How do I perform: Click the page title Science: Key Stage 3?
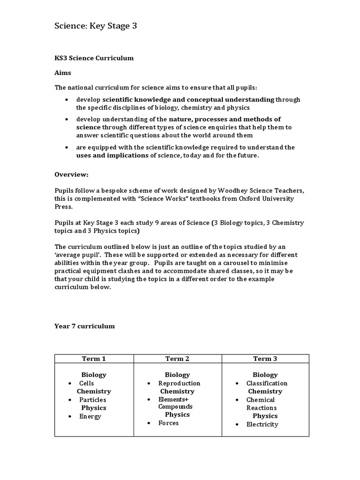click(96, 26)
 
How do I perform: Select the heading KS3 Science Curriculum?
click(94, 58)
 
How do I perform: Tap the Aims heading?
click(63, 73)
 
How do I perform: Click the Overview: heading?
click(71, 174)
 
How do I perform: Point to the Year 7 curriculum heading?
click(84, 326)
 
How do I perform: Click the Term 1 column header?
click(94, 359)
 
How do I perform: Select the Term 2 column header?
click(177, 359)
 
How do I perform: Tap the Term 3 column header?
click(265, 359)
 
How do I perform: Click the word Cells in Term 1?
click(87, 383)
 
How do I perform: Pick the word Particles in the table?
click(92, 400)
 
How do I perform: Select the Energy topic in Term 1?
click(90, 416)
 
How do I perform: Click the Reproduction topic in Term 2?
click(179, 383)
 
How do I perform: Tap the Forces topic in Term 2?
click(168, 423)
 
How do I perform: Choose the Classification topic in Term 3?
click(267, 383)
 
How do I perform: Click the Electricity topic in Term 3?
click(262, 424)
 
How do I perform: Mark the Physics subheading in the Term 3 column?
click(265, 416)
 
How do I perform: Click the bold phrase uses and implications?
click(112, 155)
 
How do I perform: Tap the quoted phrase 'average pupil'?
click(75, 255)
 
